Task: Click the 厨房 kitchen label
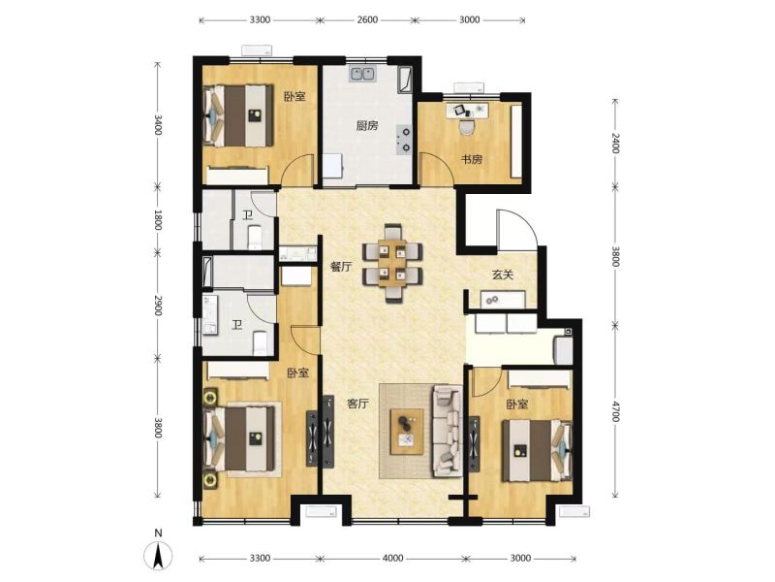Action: tap(367, 126)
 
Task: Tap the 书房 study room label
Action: tap(472, 159)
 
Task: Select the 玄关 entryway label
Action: tap(502, 275)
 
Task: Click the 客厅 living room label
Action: tap(357, 404)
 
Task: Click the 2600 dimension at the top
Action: tap(367, 19)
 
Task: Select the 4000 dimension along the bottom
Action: tap(393, 559)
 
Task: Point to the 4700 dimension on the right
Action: tap(615, 411)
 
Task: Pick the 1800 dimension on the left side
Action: tap(158, 220)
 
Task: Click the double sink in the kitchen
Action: tap(362, 74)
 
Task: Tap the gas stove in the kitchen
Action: tap(405, 139)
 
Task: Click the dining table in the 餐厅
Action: tap(392, 263)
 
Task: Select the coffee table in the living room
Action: tap(407, 431)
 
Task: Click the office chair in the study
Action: tap(466, 127)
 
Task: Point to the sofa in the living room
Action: tap(448, 431)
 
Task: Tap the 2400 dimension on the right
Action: tap(615, 143)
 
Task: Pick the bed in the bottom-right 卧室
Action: tap(537, 451)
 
